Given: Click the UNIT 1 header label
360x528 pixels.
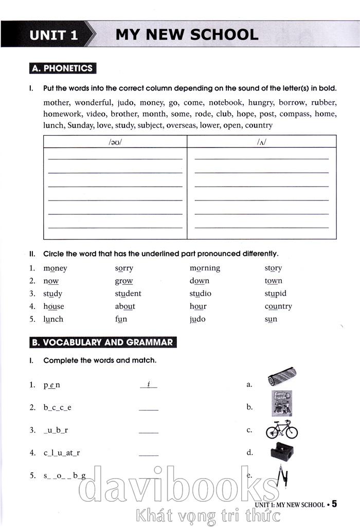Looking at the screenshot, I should coord(53,35).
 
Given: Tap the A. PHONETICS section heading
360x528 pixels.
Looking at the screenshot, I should coord(62,68).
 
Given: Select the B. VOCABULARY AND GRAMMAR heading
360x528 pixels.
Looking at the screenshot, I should coord(101,342).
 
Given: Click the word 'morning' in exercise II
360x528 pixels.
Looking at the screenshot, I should coord(205,268).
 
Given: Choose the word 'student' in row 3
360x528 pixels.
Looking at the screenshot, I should coord(128,294).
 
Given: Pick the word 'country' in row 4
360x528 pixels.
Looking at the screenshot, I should coord(278,306).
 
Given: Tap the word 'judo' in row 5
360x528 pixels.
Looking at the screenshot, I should coord(197,319).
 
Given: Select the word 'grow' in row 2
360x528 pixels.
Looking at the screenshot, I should coord(124,281).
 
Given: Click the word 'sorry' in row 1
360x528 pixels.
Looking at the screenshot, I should coord(124,268).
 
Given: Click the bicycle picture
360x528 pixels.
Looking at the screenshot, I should coord(282,430).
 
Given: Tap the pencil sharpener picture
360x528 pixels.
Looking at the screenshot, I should coord(282,452).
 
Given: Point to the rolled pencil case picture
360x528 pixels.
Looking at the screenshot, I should coord(282,376).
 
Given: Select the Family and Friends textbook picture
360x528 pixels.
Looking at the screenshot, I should coord(282,404).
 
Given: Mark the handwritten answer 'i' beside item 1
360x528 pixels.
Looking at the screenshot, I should coord(148,384).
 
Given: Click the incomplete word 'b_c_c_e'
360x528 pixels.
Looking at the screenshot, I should coord(58,408).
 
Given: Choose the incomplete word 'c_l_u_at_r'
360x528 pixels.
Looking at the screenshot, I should coord(62,453).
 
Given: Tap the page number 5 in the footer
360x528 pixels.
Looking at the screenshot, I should coord(334,504).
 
